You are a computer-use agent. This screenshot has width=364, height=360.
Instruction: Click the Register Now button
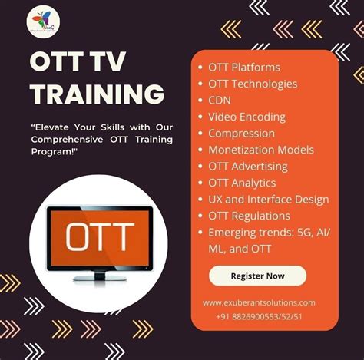pos(257,275)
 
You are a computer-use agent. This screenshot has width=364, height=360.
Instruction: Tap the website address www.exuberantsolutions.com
pos(259,302)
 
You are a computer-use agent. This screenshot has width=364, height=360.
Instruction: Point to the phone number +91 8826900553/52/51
pos(259,316)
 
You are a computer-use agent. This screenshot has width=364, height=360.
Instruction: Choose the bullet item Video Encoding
pos(246,117)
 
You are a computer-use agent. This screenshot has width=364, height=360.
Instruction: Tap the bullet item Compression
pos(240,133)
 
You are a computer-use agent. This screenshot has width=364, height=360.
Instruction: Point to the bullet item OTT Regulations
pos(249,216)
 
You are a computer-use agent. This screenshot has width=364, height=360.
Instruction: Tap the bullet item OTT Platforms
pos(243,67)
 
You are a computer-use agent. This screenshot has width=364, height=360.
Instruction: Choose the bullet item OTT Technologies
pos(252,84)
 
